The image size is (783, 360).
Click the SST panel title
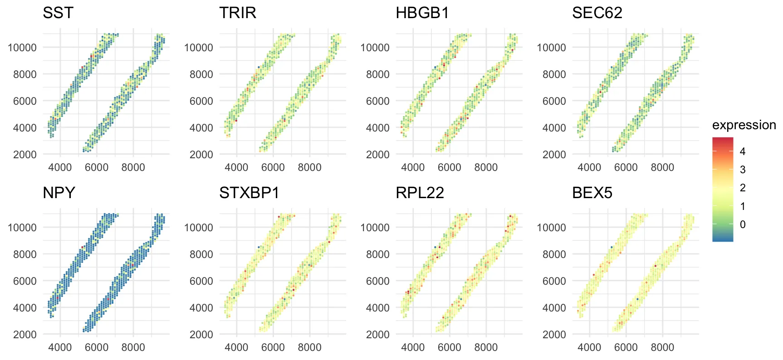click(x=58, y=13)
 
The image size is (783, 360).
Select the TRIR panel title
click(x=238, y=13)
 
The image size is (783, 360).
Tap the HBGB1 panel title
click(x=422, y=13)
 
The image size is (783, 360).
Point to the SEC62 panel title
click(x=597, y=13)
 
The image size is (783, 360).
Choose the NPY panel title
click(x=59, y=193)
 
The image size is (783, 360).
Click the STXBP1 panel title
click(x=249, y=193)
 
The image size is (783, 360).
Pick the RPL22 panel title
click(x=420, y=193)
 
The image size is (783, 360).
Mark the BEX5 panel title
click(x=592, y=193)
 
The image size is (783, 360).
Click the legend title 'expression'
click(x=744, y=125)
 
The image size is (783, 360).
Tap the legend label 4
click(x=743, y=151)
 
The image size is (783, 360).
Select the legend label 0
click(x=743, y=224)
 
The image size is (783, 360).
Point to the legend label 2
click(x=743, y=188)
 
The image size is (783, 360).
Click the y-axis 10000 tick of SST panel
click(x=22, y=48)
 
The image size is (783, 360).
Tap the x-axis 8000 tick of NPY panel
click(x=133, y=347)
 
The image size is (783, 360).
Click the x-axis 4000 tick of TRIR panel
click(x=236, y=167)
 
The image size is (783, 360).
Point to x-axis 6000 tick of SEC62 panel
click(x=626, y=167)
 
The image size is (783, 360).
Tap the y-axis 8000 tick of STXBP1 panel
click(x=201, y=254)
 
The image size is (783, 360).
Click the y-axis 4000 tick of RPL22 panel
click(x=377, y=308)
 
